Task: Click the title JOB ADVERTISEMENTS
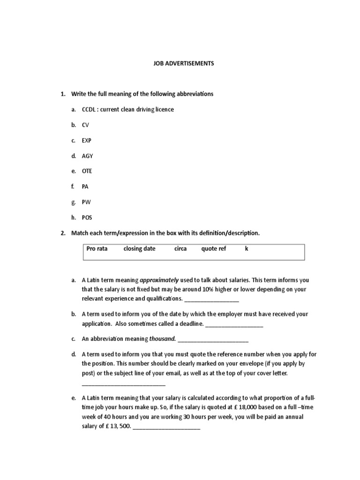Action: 183,63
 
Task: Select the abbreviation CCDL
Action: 88,109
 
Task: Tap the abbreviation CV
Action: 85,125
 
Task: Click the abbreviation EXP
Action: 86,140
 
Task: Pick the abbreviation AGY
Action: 87,156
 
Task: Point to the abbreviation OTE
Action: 87,171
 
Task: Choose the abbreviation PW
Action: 86,202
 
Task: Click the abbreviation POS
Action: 87,217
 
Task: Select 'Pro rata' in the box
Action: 97,249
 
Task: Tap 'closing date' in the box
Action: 139,249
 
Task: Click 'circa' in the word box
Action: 180,249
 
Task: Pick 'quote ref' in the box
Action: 214,249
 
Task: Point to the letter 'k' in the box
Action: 247,249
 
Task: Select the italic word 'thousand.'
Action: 163,338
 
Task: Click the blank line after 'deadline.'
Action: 234,324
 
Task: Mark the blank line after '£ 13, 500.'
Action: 167,427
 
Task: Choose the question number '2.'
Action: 63,233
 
